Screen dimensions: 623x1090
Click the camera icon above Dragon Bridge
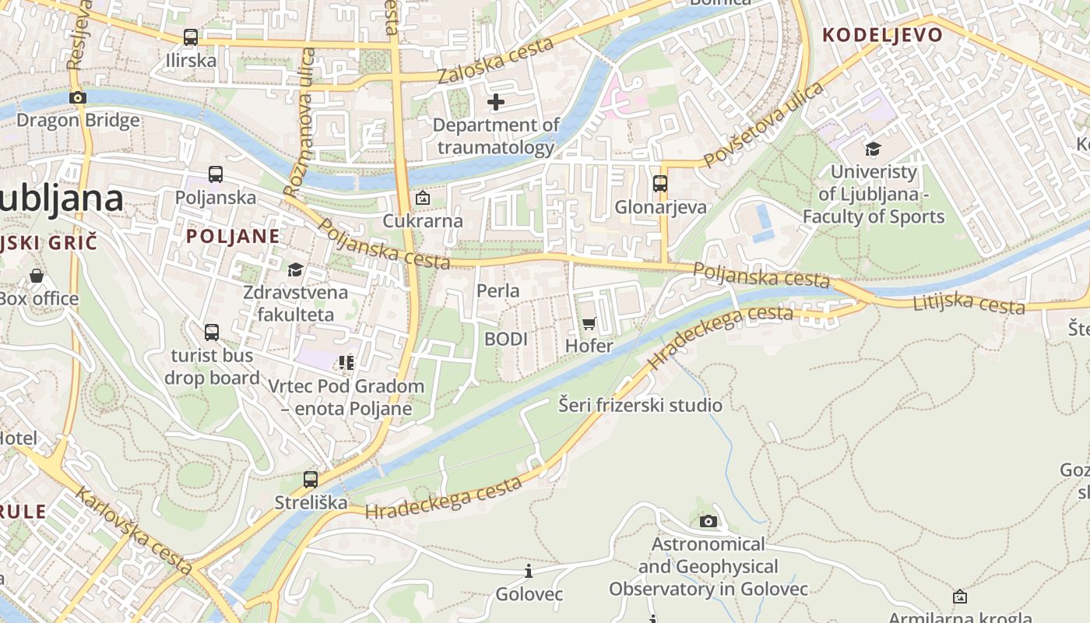point(77,97)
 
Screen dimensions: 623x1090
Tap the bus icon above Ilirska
point(190,37)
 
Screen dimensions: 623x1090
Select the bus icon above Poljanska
point(215,174)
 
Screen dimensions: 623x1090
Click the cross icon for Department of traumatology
point(495,102)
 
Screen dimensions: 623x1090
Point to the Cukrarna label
point(422,220)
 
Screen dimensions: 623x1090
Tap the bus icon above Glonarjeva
point(660,184)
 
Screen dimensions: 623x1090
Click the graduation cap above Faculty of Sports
point(873,149)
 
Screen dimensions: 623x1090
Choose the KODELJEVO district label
point(882,35)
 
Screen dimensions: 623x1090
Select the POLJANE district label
point(233,237)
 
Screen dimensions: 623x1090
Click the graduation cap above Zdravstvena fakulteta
point(295,270)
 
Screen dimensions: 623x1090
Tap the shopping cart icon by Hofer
point(589,323)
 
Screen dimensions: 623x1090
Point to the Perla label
point(498,290)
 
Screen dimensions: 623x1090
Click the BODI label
point(506,339)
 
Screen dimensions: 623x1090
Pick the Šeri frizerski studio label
point(641,405)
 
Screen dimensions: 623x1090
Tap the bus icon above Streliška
point(311,479)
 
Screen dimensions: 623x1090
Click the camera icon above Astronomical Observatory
point(708,521)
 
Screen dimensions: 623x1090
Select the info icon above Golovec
point(529,572)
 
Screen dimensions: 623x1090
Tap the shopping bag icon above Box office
point(36,276)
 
